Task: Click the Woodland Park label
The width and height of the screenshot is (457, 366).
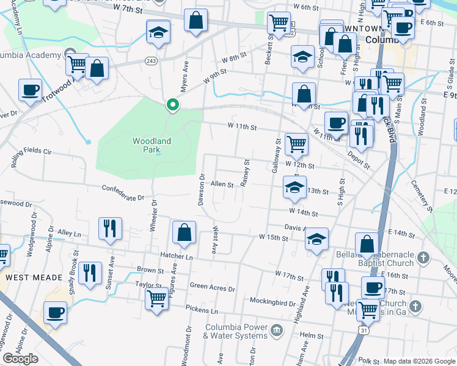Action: click(x=152, y=145)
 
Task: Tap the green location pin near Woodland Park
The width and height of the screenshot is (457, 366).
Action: click(x=173, y=105)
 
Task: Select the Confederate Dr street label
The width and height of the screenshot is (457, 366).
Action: click(x=123, y=193)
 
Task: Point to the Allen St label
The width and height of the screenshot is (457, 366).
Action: click(x=222, y=184)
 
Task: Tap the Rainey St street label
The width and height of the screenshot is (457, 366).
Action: click(x=247, y=174)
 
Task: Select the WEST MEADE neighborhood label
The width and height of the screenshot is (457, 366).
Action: click(x=27, y=277)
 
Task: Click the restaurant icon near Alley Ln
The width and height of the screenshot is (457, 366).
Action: click(x=111, y=229)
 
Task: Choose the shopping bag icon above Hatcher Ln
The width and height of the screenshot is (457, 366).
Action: click(x=184, y=232)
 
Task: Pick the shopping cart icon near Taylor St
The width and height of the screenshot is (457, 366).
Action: click(x=157, y=299)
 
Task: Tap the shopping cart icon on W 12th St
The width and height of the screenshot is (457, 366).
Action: click(x=296, y=145)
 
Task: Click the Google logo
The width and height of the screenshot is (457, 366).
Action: click(x=21, y=359)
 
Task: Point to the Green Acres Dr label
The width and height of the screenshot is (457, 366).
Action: click(x=213, y=287)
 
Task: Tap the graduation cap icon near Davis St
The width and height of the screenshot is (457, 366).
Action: click(x=316, y=239)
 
